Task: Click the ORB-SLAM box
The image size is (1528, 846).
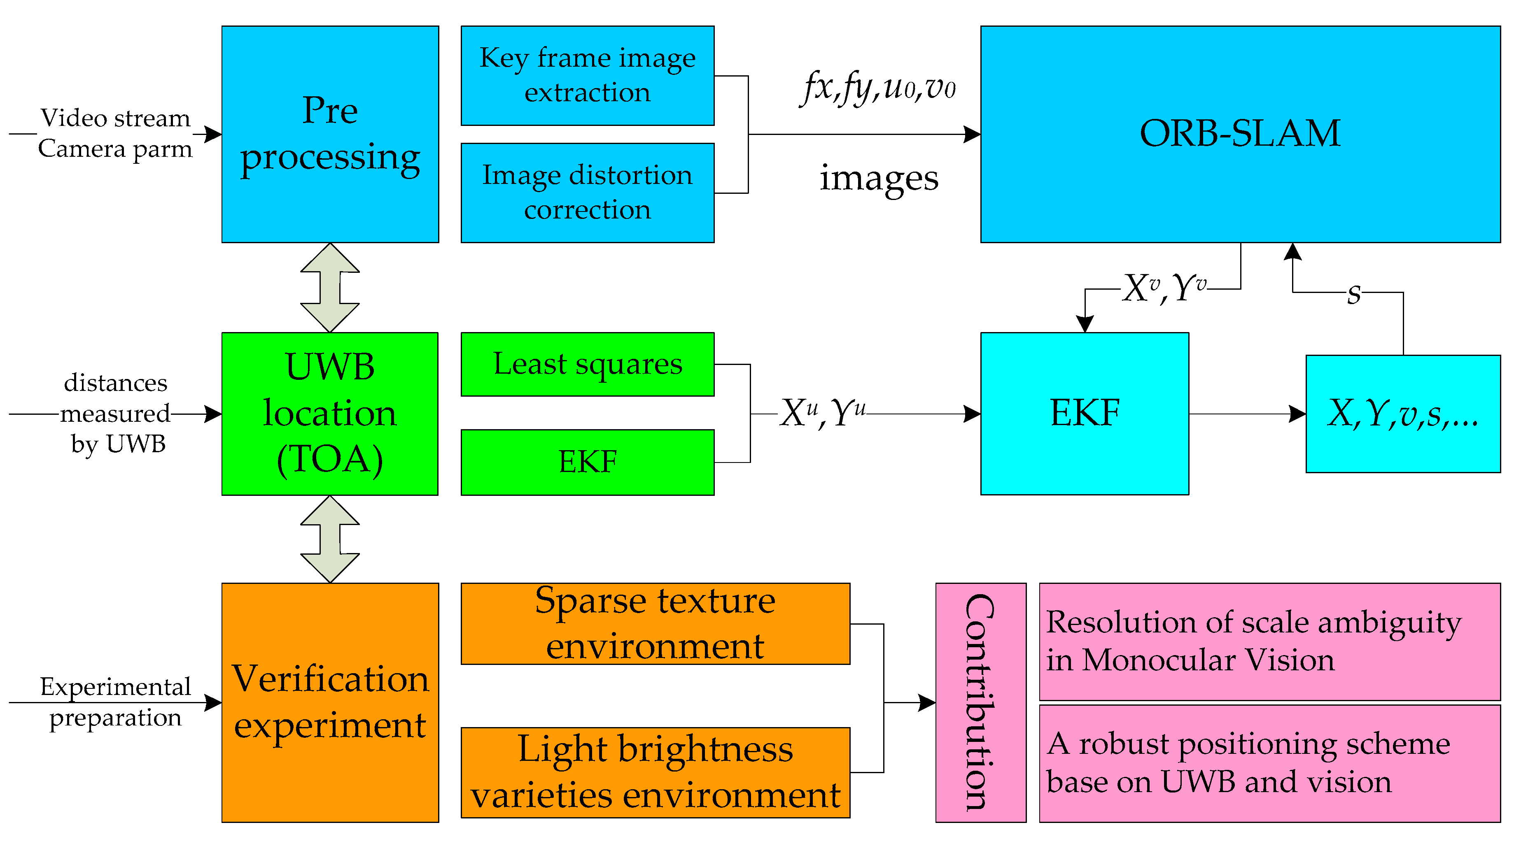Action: click(1240, 134)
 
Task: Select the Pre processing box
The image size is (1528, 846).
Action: click(330, 134)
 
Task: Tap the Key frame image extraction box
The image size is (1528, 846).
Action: click(587, 75)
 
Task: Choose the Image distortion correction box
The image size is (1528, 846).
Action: click(587, 193)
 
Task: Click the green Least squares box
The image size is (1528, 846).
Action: click(587, 364)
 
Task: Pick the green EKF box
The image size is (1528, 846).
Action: click(587, 462)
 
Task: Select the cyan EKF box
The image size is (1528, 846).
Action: click(1084, 413)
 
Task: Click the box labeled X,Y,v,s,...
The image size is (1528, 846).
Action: click(1403, 413)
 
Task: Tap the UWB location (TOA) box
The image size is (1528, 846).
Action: click(330, 413)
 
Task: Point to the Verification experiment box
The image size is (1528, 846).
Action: click(330, 702)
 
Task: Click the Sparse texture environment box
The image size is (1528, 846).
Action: click(655, 624)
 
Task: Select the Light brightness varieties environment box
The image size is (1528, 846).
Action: click(655, 772)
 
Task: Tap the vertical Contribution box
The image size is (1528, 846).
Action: click(980, 702)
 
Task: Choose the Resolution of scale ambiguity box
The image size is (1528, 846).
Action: click(1269, 641)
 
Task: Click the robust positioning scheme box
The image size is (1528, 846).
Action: click(1269, 763)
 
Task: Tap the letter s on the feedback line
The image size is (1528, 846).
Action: click(1353, 293)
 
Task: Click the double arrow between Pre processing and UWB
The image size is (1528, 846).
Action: click(330, 288)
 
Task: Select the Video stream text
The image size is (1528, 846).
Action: click(115, 118)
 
